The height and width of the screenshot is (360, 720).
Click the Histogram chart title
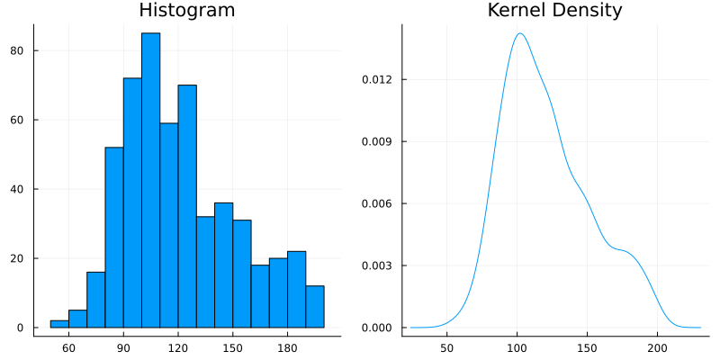(187, 11)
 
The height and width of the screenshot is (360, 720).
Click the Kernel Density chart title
(555, 11)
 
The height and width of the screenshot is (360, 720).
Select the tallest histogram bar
(150, 180)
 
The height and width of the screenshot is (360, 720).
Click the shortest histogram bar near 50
(59, 323)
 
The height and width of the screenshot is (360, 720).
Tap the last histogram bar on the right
(315, 306)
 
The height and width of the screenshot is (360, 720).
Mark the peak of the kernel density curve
(520, 33)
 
